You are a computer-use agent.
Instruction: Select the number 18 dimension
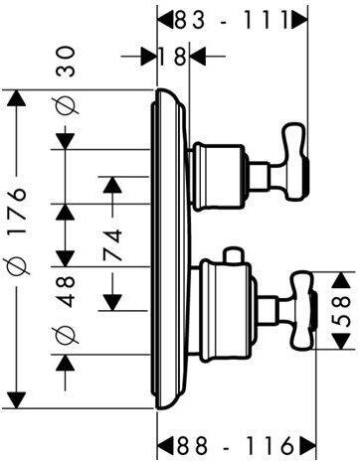coord(173,57)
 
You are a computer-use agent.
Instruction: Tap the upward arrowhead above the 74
coord(113,183)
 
